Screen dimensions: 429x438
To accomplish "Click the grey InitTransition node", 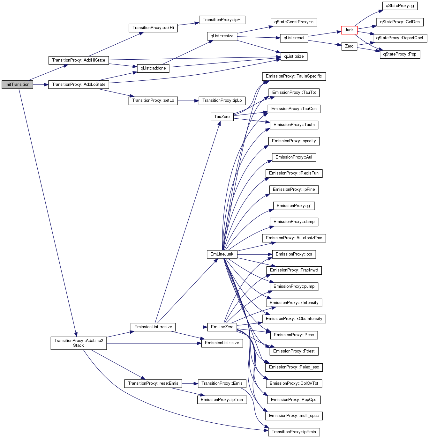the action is pyautogui.click(x=17, y=85).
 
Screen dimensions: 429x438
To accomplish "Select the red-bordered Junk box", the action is pyautogui.click(x=349, y=30).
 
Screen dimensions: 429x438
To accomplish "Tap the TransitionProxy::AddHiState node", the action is pyautogui.click(x=79, y=60).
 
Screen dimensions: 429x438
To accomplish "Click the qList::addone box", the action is pyautogui.click(x=153, y=68).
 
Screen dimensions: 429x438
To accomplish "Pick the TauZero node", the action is pyautogui.click(x=222, y=117).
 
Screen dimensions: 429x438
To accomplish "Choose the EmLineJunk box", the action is pyautogui.click(x=222, y=254).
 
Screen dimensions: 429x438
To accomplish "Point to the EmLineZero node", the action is pyautogui.click(x=222, y=327).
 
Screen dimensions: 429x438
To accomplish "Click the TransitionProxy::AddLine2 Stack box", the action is pyautogui.click(x=79, y=343).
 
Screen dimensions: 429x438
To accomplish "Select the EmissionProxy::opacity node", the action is pyautogui.click(x=294, y=141).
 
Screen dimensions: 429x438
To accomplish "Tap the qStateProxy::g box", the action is pyautogui.click(x=400, y=6).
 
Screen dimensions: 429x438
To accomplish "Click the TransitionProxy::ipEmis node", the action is pyautogui.click(x=294, y=432).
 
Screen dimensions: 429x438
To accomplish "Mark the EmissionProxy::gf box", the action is pyautogui.click(x=294, y=206).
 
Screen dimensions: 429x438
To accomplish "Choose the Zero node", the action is pyautogui.click(x=349, y=46).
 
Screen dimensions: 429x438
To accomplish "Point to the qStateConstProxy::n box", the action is pyautogui.click(x=294, y=22).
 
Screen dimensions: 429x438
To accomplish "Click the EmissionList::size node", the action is pyautogui.click(x=222, y=343).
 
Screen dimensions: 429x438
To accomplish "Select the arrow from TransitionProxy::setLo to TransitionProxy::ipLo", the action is pyautogui.click(x=188, y=101).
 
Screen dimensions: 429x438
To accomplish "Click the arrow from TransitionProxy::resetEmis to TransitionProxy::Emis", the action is pyautogui.click(x=190, y=384).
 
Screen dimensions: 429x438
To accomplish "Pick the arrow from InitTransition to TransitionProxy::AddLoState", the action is pyautogui.click(x=41, y=85).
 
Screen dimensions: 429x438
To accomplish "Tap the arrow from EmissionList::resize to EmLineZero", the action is pyautogui.click(x=191, y=327).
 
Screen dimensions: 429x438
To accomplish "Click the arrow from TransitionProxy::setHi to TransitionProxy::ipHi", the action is pyautogui.click(x=188, y=24).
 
